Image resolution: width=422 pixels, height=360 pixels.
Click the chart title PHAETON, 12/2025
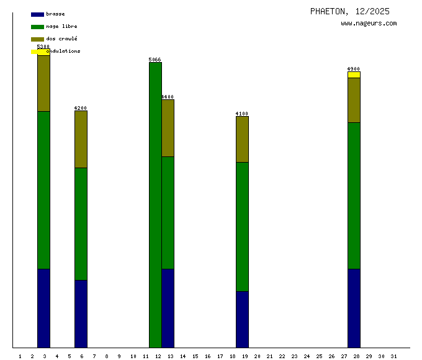(x=350, y=11)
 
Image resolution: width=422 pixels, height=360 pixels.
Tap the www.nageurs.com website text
(x=369, y=24)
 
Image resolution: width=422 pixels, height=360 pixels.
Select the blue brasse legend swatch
(x=37, y=14)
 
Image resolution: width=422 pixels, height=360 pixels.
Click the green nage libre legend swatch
(x=37, y=27)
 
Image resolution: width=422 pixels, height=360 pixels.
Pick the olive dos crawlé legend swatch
(x=37, y=39)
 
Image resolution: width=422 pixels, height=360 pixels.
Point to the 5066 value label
(x=155, y=60)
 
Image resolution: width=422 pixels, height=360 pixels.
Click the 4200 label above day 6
(x=81, y=108)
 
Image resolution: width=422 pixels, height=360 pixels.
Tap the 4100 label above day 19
(x=242, y=114)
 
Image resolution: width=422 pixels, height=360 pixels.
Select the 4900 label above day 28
(x=354, y=69)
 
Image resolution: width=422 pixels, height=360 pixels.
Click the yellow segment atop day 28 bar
(x=354, y=74)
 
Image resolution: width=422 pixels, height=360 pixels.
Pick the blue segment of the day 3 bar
(x=43, y=308)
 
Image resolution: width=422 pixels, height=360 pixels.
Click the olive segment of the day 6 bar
(x=81, y=139)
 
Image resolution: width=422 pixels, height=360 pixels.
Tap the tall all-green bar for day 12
(x=155, y=205)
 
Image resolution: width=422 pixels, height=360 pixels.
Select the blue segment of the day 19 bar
(x=242, y=319)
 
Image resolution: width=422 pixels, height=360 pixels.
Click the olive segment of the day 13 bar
(x=168, y=128)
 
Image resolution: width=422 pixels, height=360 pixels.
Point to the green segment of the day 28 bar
(x=354, y=196)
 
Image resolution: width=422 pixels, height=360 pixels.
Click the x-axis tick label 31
(x=393, y=356)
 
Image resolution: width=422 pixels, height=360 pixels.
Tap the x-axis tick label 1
(x=20, y=356)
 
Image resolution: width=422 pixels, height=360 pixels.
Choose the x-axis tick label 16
(x=207, y=356)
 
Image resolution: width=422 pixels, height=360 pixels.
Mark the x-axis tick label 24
(x=307, y=356)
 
